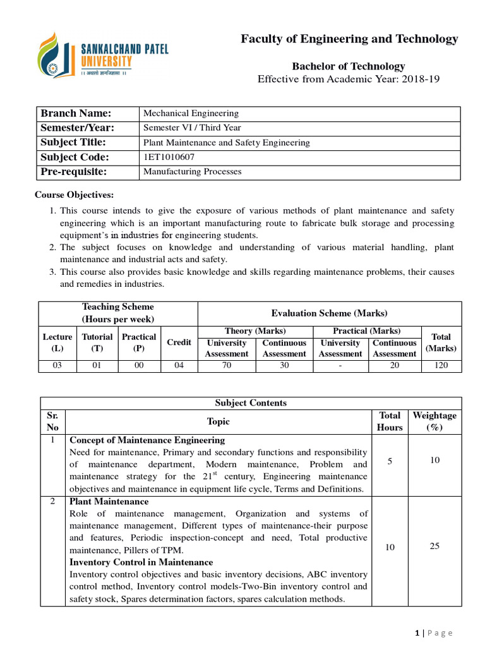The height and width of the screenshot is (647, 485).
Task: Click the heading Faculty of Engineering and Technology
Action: tap(349, 39)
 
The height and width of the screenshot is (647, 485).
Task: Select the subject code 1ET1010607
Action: tap(169, 157)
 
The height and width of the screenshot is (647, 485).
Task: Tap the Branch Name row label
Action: tap(76, 114)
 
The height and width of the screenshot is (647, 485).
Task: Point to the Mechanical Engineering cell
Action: tap(191, 114)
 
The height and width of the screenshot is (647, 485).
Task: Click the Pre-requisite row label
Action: tap(74, 172)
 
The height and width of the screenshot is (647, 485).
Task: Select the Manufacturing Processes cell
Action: tap(193, 172)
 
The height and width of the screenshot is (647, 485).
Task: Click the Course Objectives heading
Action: tap(75, 195)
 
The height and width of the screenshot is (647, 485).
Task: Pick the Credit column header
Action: tap(179, 342)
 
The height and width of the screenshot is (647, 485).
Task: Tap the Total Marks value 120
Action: tap(441, 366)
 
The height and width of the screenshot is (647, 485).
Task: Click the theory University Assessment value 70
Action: tap(226, 366)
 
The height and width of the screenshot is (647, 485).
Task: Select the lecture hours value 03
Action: tap(57, 366)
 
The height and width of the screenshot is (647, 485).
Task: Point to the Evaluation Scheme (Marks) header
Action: tap(329, 313)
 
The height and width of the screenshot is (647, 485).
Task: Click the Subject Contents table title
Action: tap(251, 403)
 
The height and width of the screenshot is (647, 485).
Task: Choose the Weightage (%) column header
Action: tap(434, 421)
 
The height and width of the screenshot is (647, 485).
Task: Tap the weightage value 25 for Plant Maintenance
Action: tap(434, 546)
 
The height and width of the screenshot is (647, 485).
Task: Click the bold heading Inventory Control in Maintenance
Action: tap(141, 562)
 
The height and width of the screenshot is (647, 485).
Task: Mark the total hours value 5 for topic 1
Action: tap(390, 462)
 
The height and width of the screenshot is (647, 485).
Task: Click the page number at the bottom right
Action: tap(418, 633)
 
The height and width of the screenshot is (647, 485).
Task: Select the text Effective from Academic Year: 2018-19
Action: tap(348, 79)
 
